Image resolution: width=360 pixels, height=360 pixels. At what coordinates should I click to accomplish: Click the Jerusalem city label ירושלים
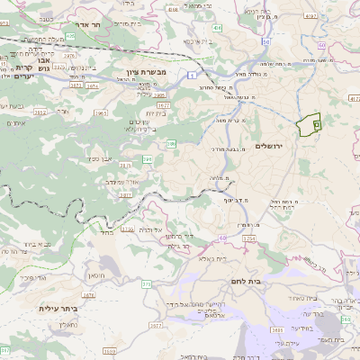click(269, 146)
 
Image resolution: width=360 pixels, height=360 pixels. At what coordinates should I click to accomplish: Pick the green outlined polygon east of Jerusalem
click(310, 124)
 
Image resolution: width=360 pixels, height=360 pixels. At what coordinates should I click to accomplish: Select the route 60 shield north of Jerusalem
click(266, 41)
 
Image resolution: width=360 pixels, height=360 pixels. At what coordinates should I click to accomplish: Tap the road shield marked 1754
click(249, 238)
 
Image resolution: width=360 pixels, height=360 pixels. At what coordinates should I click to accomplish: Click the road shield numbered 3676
click(88, 294)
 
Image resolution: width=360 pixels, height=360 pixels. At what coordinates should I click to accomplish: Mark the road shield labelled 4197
click(311, 16)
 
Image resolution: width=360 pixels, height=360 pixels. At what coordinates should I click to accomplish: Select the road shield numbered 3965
click(101, 113)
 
